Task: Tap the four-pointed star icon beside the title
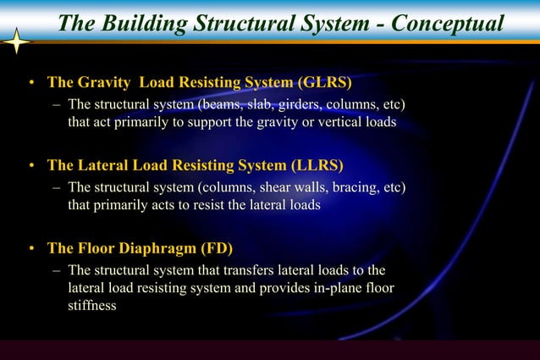click(17, 41)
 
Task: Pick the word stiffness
click(92, 306)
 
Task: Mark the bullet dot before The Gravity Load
click(30, 84)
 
